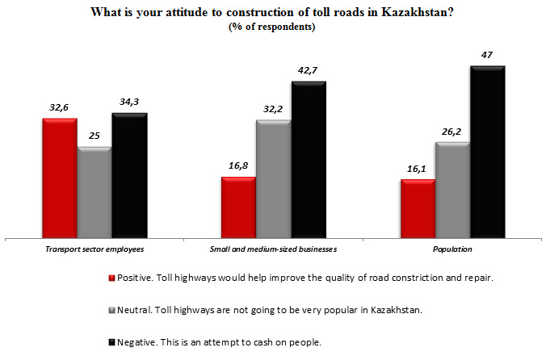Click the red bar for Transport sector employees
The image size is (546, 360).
coord(60,178)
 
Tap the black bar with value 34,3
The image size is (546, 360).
coord(128,176)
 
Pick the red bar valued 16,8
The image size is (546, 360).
coord(238,207)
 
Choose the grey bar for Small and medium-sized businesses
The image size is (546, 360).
coord(273,179)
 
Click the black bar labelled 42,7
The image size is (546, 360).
coord(308,160)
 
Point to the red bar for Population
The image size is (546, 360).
coord(418,209)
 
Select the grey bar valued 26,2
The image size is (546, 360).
coord(452,190)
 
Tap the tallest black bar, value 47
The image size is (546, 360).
coord(487,152)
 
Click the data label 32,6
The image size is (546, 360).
coord(59,106)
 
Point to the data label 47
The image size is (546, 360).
coord(486,55)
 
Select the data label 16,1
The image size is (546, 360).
coord(417,168)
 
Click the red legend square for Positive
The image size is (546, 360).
coord(111,278)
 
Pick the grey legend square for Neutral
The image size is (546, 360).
coord(111,310)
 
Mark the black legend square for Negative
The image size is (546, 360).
coord(111,341)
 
